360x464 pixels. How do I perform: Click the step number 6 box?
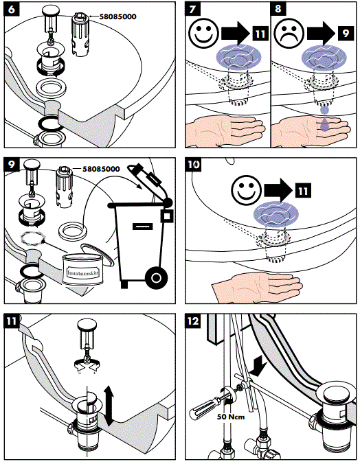12,10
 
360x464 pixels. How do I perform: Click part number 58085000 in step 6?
117,16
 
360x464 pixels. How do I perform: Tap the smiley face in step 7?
203,33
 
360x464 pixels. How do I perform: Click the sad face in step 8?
289,33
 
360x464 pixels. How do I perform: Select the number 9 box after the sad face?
346,33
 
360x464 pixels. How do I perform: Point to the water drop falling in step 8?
324,111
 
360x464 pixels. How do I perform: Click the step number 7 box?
192,9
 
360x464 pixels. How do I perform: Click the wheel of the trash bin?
157,278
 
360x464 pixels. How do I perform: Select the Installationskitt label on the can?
83,272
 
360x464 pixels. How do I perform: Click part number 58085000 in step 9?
101,169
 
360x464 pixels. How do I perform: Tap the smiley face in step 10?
246,190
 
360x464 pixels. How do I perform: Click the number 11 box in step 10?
303,190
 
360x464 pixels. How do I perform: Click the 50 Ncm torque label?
231,417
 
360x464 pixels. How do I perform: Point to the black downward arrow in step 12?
258,366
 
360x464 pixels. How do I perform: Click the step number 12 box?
193,321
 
